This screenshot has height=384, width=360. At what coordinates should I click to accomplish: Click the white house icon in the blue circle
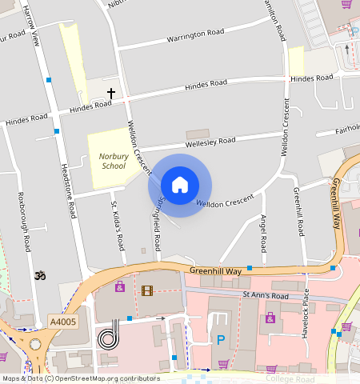(180, 185)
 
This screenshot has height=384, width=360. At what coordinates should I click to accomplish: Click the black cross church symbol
(111, 94)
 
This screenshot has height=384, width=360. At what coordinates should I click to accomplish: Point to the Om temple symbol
(36, 276)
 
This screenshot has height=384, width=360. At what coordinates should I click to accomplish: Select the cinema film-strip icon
(146, 290)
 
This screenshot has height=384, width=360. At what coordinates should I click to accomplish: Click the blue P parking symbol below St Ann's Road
(221, 340)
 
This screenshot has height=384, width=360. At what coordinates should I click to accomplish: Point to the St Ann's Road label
(265, 295)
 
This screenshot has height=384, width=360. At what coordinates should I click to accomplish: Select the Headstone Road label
(69, 192)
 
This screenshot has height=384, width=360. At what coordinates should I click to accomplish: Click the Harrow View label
(33, 24)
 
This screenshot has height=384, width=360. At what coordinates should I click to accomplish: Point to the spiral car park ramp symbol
(109, 337)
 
